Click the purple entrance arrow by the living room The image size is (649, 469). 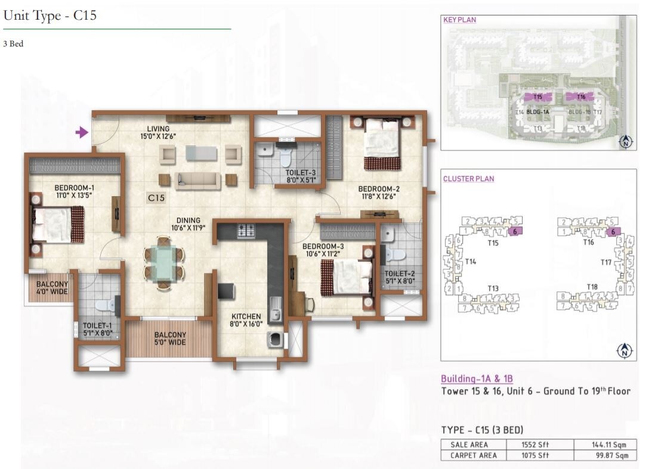click(82, 132)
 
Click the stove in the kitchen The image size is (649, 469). click(246, 231)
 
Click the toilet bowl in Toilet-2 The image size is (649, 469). click(394, 254)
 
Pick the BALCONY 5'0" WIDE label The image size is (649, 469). click(170, 338)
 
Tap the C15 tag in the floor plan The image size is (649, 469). click(156, 197)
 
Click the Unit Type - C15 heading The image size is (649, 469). click(50, 16)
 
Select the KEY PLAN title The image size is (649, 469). click(459, 20)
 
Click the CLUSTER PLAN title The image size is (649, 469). click(468, 179)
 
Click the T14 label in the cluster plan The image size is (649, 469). click(471, 261)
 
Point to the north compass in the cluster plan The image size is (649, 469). click(625, 350)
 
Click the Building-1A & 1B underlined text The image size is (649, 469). click(477, 379)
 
